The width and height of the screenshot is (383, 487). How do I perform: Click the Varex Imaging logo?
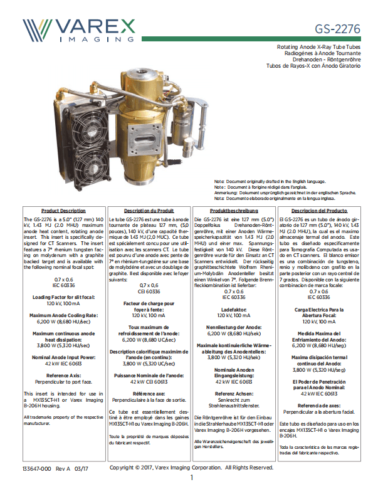click(x=78, y=28)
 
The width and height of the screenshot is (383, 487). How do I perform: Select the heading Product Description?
click(x=63, y=211)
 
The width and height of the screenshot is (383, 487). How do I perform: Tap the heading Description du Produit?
click(x=149, y=211)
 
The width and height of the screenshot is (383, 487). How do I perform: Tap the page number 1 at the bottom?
click(x=192, y=477)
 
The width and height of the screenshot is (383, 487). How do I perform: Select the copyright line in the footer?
click(x=191, y=468)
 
